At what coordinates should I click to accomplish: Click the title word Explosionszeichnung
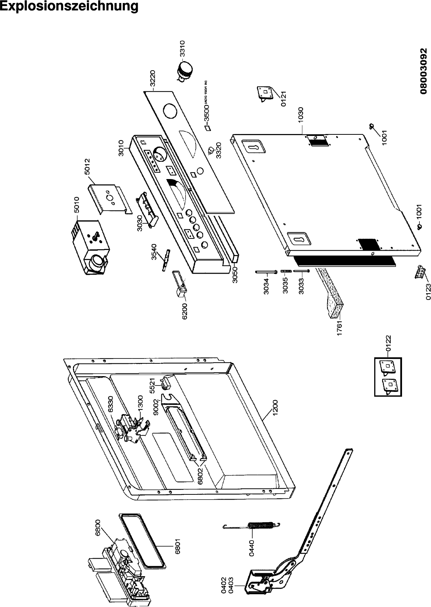(69, 6)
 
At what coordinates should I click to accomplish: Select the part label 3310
(182, 48)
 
